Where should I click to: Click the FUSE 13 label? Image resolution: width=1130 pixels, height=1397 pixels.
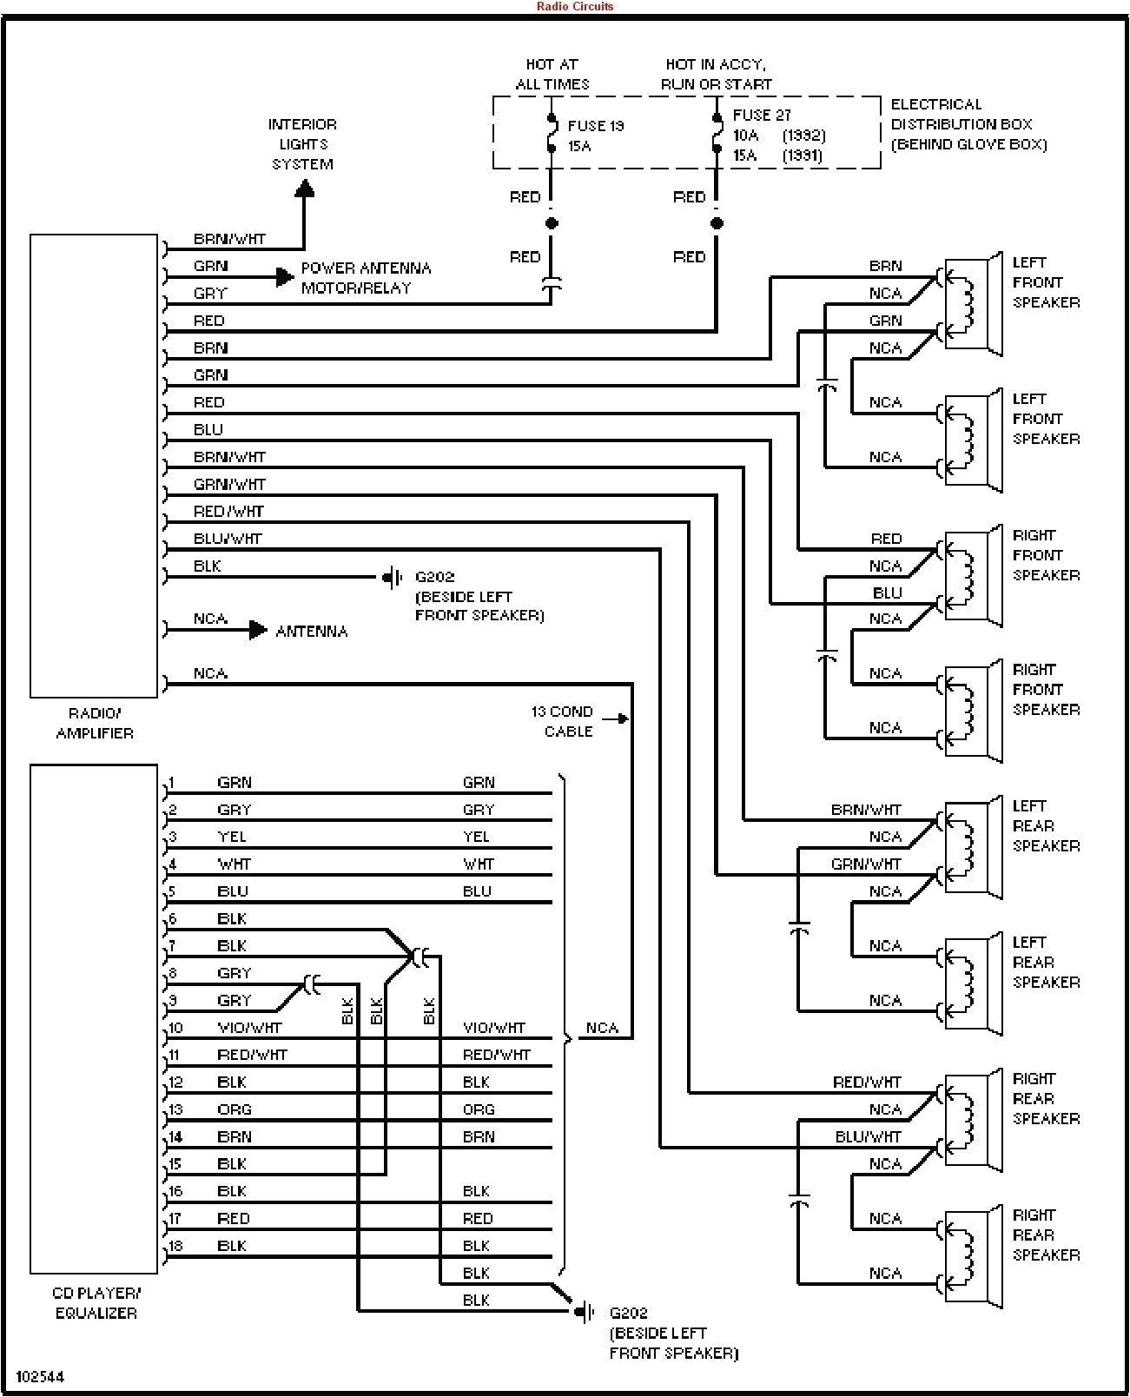coord(595,126)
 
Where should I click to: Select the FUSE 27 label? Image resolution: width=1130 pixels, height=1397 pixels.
coord(761,116)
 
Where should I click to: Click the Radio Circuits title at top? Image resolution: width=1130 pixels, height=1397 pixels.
coord(574,6)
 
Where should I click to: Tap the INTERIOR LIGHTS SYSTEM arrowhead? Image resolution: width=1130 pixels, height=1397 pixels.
coord(304,189)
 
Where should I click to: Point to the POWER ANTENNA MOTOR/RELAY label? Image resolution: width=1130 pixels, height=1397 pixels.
coord(365,278)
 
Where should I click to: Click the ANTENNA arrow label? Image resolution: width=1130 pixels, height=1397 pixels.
coord(311,632)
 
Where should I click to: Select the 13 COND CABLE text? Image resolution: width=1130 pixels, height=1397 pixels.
coord(563,721)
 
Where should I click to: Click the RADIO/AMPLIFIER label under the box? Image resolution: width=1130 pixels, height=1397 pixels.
coord(95,723)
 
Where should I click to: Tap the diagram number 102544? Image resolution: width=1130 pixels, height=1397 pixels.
coord(39,1377)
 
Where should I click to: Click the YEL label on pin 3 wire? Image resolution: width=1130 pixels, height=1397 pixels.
coord(231,837)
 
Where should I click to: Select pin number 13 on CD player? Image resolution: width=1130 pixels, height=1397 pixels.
coord(175,1109)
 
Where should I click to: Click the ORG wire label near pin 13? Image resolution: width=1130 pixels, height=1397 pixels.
coord(234,1109)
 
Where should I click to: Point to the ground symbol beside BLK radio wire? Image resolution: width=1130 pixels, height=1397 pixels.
coord(393,577)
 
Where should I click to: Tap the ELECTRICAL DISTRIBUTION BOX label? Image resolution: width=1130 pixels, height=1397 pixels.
coord(968,124)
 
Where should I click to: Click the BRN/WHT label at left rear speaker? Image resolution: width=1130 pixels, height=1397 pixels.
coord(865,810)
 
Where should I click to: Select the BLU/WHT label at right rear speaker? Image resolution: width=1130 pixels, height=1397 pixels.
coord(868,1136)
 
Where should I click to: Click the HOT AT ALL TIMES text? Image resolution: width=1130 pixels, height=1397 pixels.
coord(552,74)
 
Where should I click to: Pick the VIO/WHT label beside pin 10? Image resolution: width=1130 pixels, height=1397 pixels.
coord(249,1028)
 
